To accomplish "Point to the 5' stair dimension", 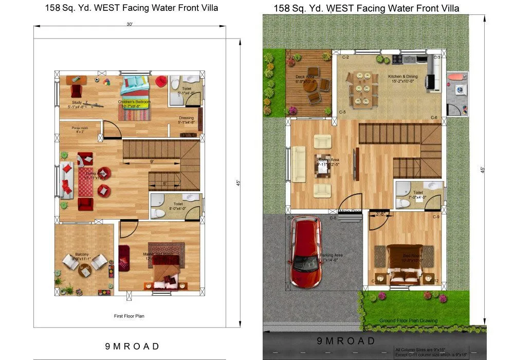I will [164, 183].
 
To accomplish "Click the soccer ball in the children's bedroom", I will [97, 80].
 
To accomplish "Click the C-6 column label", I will [434, 118].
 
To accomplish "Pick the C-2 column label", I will [346, 57].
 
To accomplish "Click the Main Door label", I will [350, 211].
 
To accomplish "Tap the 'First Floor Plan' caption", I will [129, 316].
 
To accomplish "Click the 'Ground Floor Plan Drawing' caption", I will [408, 320].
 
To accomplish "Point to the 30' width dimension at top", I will [130, 24].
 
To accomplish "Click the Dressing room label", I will [186, 120].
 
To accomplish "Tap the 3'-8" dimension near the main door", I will [380, 213].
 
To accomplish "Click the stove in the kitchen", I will [398, 60].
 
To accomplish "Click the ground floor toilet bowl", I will [405, 203].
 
